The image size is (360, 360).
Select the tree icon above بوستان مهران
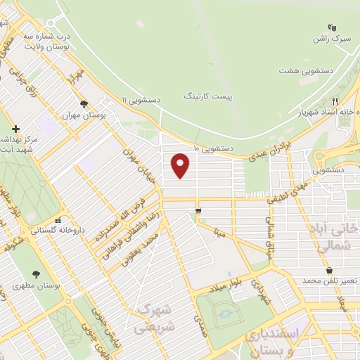[84, 104]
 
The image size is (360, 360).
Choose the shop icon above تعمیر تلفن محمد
[329, 271]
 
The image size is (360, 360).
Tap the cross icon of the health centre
[15, 129]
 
